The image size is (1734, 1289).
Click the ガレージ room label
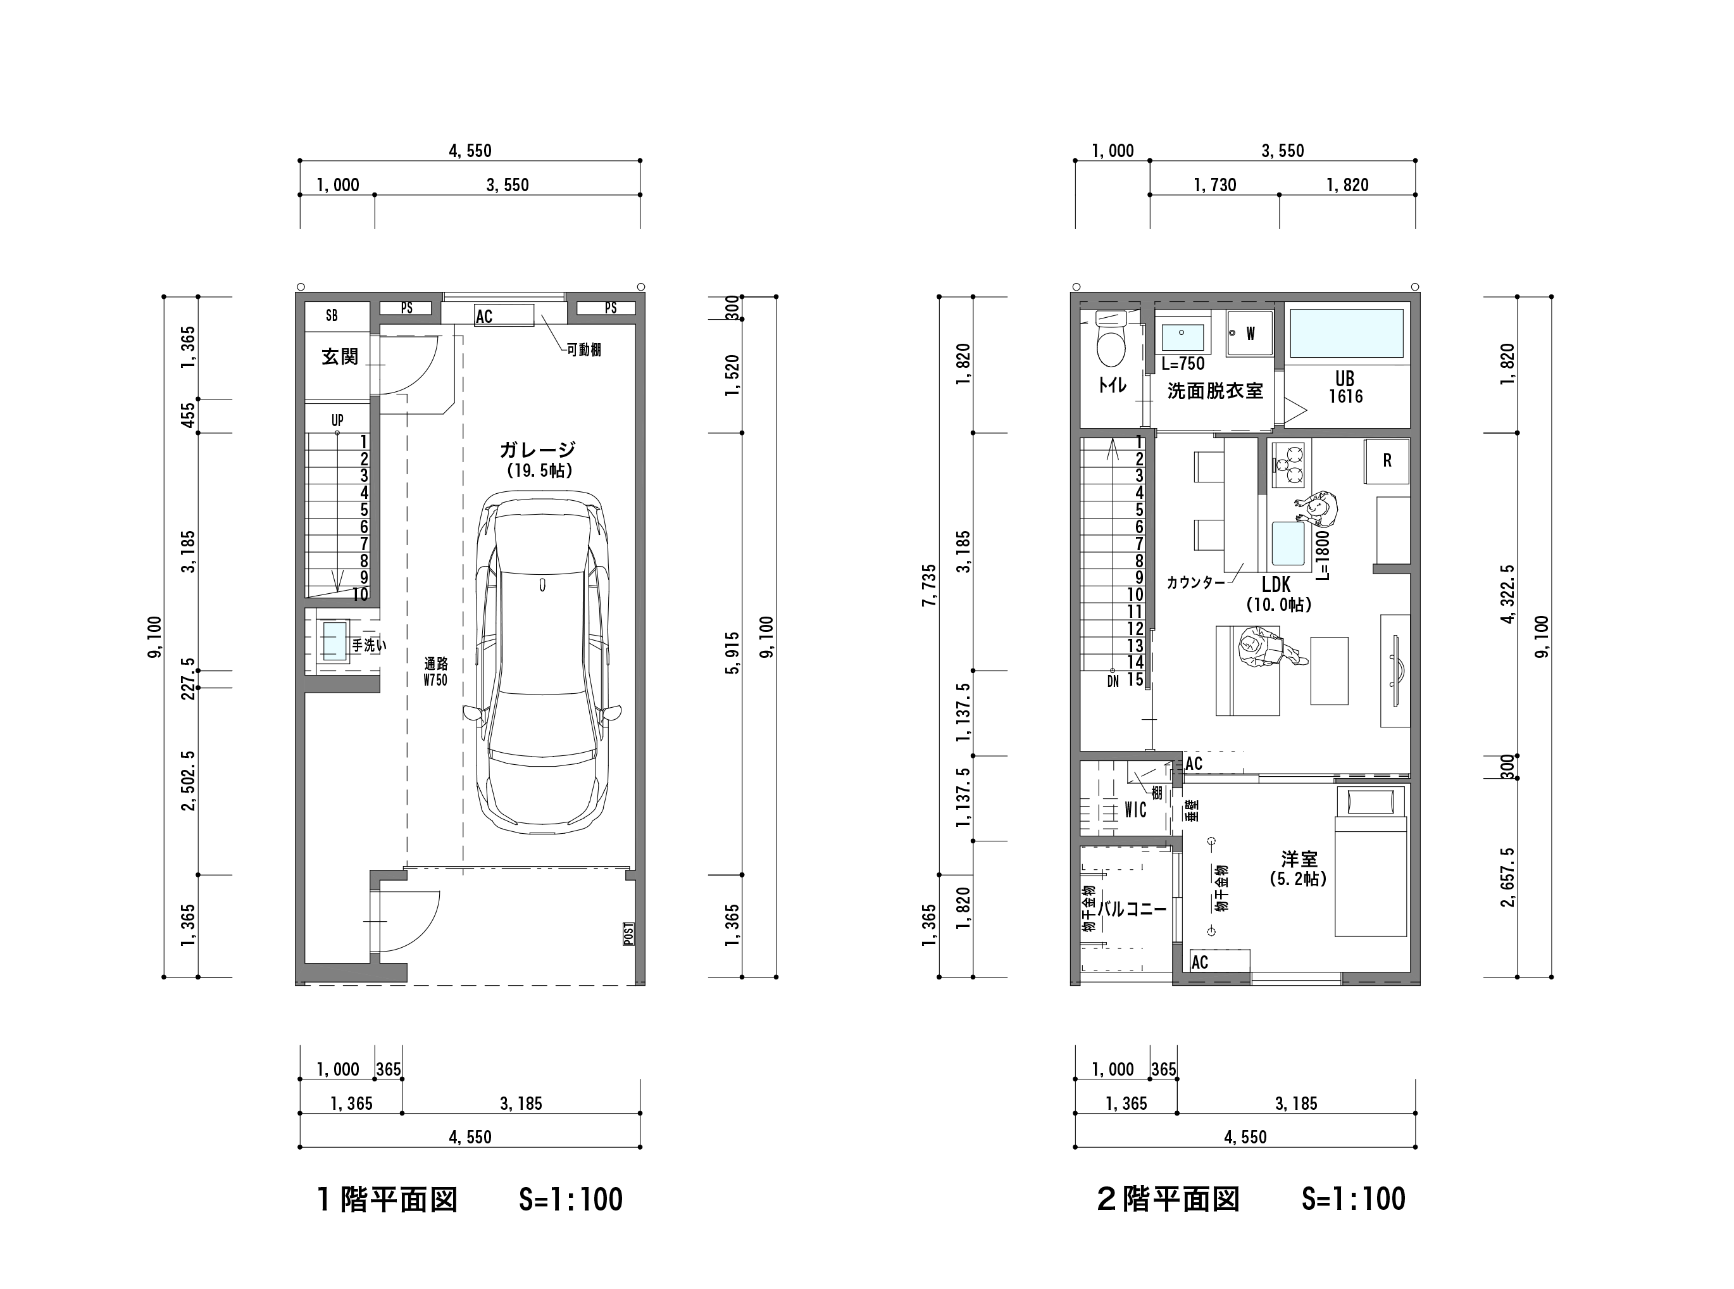pyautogui.click(x=537, y=450)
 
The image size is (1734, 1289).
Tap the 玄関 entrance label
pyautogui.click(x=340, y=356)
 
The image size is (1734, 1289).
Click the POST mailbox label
pyautogui.click(x=628, y=934)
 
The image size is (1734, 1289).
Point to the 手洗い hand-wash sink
pyautogui.click(x=334, y=642)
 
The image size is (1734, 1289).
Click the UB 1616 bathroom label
pyautogui.click(x=1345, y=388)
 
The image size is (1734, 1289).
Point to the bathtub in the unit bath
pyautogui.click(x=1345, y=333)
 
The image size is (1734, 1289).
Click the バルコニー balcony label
pyautogui.click(x=1133, y=909)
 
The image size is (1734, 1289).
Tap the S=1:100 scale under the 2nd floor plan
pyautogui.click(x=1354, y=1199)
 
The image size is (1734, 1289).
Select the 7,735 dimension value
pyautogui.click(x=928, y=585)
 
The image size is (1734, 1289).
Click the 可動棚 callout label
pyautogui.click(x=583, y=349)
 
